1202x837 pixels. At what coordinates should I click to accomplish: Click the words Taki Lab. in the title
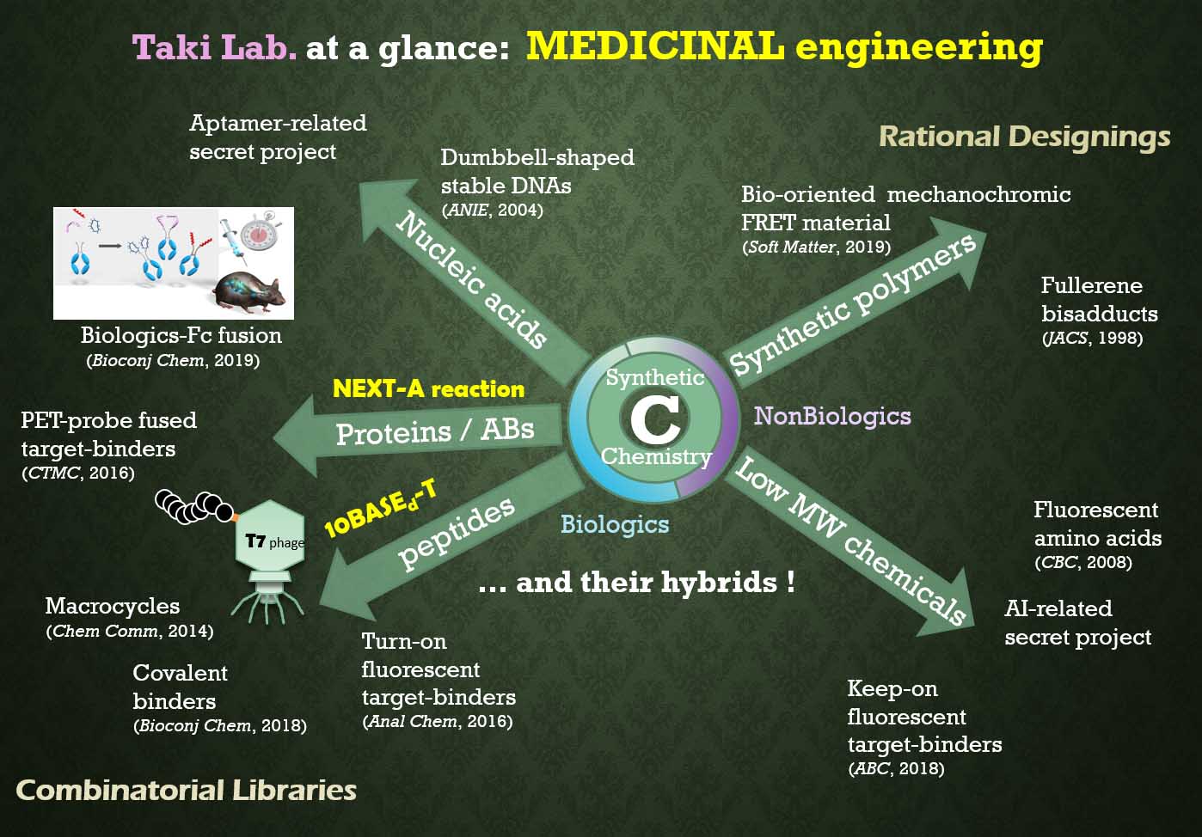coord(214,47)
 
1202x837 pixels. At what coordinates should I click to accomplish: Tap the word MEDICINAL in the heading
coord(655,46)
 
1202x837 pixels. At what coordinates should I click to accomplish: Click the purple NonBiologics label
coord(832,416)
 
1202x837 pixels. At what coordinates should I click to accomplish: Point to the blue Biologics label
coord(615,524)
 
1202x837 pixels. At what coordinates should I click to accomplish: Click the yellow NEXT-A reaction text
coord(428,388)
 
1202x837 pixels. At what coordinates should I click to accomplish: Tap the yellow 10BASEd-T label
coord(380,509)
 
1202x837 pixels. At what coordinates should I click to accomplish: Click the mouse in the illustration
coord(248,294)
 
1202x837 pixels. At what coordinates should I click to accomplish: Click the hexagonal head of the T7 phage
coord(270,535)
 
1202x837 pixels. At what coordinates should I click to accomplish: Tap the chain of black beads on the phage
coord(193,506)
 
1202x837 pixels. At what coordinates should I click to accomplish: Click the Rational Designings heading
coord(1024,137)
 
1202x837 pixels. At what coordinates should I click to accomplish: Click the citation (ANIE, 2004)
coord(492,210)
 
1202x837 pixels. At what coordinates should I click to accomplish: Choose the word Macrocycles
coord(112,607)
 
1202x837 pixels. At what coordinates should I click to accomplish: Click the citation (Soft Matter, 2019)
coord(816,247)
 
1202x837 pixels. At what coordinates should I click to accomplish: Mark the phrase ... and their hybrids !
coord(637,583)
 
